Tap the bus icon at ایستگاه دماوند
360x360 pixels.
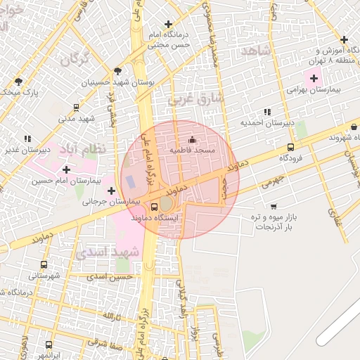(x=155, y=207)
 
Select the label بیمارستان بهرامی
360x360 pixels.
(x=314, y=90)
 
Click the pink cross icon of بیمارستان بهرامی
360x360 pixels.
(x=314, y=77)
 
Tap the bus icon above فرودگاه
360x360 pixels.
(x=290, y=147)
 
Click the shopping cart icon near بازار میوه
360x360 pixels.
(x=273, y=207)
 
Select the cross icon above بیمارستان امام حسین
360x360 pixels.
(x=66, y=169)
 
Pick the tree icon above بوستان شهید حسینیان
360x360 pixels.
(x=117, y=70)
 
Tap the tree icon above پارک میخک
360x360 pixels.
(x=18, y=82)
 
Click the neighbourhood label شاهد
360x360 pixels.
(x=256, y=51)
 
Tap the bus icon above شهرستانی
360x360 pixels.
(x=44, y=265)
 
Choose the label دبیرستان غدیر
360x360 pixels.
(x=27, y=150)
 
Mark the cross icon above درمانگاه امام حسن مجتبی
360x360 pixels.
(x=168, y=25)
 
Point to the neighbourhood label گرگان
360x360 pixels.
(x=76, y=56)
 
